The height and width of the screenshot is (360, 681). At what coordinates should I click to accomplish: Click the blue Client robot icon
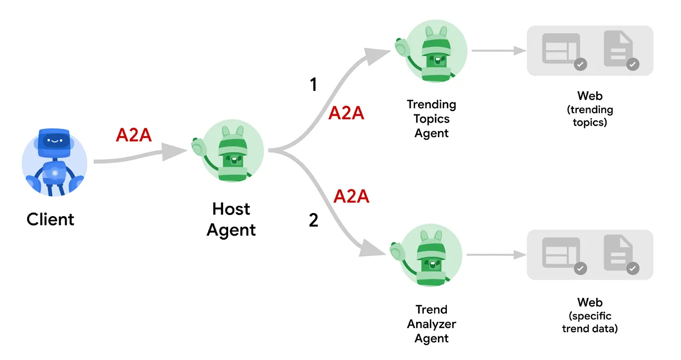point(54,160)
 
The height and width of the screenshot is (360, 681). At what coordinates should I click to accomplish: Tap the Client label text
point(50,220)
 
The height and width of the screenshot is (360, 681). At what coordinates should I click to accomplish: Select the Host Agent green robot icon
point(231,150)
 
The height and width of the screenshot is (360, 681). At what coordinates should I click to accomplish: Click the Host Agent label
point(231,219)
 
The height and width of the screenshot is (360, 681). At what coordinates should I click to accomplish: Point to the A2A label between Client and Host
point(133,135)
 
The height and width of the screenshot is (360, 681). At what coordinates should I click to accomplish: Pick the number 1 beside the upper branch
point(313,85)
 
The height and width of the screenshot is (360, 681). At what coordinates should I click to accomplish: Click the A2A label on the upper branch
point(346,114)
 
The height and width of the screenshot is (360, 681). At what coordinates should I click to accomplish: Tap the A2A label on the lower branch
point(352,197)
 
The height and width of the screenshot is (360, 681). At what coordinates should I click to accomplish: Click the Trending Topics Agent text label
point(431,119)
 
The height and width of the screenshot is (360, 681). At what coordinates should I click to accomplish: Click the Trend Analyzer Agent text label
point(431,324)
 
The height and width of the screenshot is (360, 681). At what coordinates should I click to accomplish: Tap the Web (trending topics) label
point(590,109)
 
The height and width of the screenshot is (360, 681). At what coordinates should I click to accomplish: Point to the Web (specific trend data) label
point(590,316)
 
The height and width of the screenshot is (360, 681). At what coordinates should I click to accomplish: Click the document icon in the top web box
point(618,49)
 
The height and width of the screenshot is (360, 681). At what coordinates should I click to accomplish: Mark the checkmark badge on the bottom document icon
point(633,268)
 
